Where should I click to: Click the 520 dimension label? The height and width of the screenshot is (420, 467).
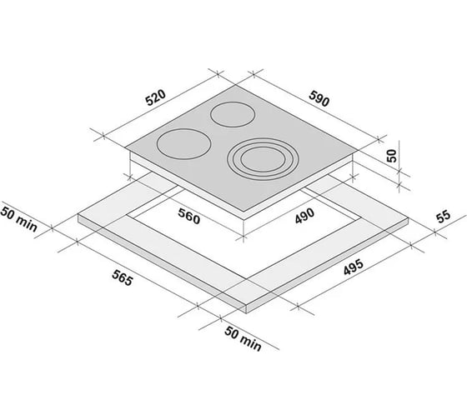pyautogui.click(x=155, y=97)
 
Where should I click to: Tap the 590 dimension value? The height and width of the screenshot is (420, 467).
pyautogui.click(x=319, y=99)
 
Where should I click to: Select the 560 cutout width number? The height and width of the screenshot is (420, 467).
pyautogui.click(x=188, y=216)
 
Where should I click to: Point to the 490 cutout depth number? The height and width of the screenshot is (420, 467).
pyautogui.click(x=304, y=216)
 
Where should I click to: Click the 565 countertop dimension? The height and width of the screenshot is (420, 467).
pyautogui.click(x=122, y=277)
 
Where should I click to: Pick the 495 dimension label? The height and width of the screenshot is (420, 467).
pyautogui.click(x=354, y=267)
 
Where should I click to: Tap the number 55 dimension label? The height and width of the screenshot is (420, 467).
pyautogui.click(x=444, y=217)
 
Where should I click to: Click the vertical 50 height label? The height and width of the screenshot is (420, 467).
pyautogui.click(x=392, y=156)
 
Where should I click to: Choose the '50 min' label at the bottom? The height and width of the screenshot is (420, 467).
pyautogui.click(x=243, y=338)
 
